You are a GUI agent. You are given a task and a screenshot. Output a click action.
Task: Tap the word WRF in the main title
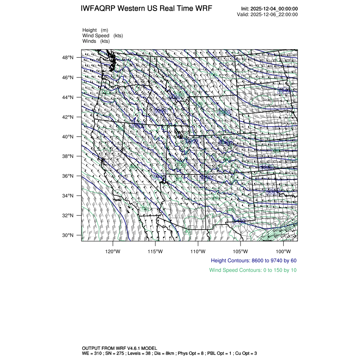click(x=203, y=9)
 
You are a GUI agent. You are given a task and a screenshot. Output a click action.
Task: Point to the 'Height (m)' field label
click(x=95, y=30)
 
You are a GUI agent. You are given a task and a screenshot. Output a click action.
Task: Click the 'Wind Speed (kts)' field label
click(x=103, y=36)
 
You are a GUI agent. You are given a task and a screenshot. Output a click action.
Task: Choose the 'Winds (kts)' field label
click(x=96, y=41)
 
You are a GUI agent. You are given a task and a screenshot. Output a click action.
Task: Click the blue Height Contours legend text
click(x=253, y=261)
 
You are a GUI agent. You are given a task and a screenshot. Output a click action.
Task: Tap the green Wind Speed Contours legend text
click(x=253, y=270)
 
